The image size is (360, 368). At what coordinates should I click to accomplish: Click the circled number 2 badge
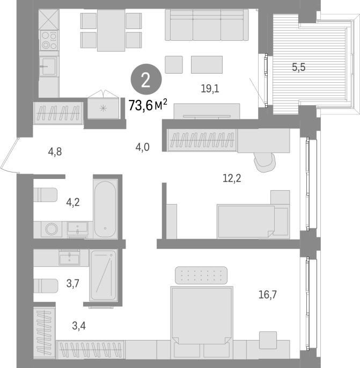(146, 80)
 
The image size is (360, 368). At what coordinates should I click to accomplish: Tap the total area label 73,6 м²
(148, 105)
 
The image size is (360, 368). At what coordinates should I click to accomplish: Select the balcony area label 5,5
(299, 67)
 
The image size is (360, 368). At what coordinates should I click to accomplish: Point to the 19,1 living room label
(210, 89)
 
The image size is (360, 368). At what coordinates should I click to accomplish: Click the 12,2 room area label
(232, 178)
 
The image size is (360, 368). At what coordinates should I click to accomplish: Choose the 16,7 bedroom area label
(268, 294)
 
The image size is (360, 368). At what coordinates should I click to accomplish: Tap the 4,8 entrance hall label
(55, 152)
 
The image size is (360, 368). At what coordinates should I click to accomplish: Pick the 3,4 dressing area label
(79, 326)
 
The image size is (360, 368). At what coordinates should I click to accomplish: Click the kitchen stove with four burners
(49, 40)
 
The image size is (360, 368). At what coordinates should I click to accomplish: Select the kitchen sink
(48, 67)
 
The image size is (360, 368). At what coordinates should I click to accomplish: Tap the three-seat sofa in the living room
(207, 25)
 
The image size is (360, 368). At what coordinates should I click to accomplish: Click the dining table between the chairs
(111, 30)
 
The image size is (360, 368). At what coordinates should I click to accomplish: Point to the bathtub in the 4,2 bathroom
(105, 210)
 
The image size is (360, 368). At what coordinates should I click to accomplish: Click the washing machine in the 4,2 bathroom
(52, 229)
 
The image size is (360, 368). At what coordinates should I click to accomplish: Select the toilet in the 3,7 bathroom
(46, 286)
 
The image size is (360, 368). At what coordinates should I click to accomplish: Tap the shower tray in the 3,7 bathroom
(104, 275)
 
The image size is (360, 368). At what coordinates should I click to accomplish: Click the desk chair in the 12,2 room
(265, 162)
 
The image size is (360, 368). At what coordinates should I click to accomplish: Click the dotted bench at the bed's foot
(201, 275)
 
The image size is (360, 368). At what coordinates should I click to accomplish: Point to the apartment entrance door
(9, 155)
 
